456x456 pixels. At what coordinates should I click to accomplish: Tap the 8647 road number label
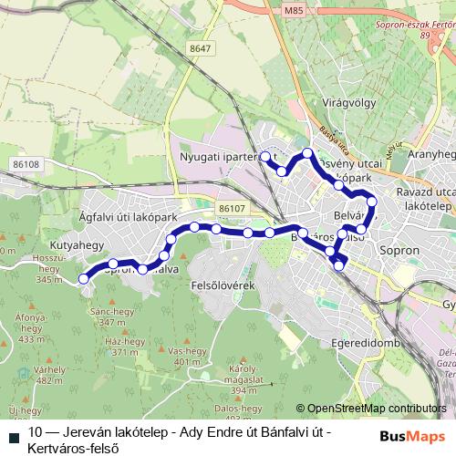coord(202,48)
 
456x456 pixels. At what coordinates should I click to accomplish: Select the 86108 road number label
coord(26,164)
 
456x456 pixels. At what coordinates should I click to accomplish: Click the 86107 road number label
coord(232,209)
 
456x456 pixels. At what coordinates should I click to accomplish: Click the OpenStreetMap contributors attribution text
coord(370,409)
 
